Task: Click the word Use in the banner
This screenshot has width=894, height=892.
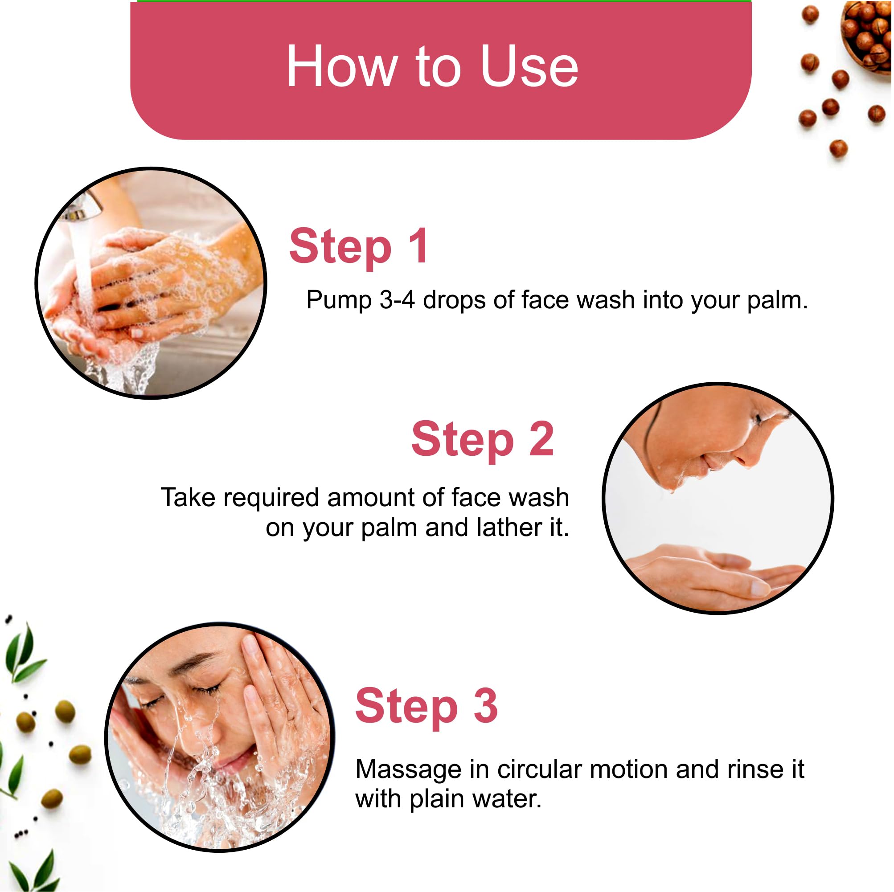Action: [529, 66]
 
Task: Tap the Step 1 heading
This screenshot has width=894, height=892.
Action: [359, 248]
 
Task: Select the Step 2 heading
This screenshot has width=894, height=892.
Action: [482, 440]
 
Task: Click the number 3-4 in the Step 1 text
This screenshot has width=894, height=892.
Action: [397, 300]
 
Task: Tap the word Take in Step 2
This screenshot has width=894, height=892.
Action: [188, 498]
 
